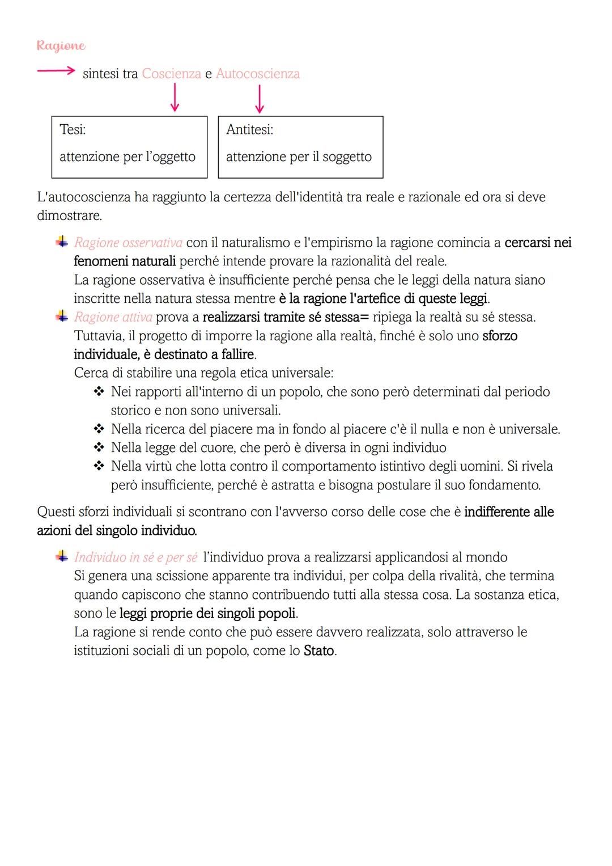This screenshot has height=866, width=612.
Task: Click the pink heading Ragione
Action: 61,46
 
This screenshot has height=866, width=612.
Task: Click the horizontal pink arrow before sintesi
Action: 56,71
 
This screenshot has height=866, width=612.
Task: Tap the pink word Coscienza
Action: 171,74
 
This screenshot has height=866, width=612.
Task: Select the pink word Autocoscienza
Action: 258,74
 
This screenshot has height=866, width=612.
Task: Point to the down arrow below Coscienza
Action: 175,98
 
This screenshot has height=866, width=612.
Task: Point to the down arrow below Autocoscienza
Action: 259,99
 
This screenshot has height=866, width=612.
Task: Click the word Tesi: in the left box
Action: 73,129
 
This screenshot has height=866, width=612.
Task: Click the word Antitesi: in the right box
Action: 249,129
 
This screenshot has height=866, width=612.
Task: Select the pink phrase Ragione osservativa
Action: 128,243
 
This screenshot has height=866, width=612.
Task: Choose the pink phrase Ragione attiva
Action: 113,317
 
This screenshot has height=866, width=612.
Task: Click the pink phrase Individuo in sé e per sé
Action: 135,557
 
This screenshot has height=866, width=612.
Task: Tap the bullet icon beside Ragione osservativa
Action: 61,242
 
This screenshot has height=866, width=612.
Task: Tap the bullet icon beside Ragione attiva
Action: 61,316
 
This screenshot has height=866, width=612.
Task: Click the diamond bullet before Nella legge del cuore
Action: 99,448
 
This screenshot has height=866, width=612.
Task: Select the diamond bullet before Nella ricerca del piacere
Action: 99,429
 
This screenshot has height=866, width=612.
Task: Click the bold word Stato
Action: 318,650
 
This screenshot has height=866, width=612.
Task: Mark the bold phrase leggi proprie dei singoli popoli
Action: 208,614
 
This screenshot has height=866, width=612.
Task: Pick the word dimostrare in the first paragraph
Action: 69,216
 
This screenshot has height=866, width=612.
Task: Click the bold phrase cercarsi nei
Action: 538,243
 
